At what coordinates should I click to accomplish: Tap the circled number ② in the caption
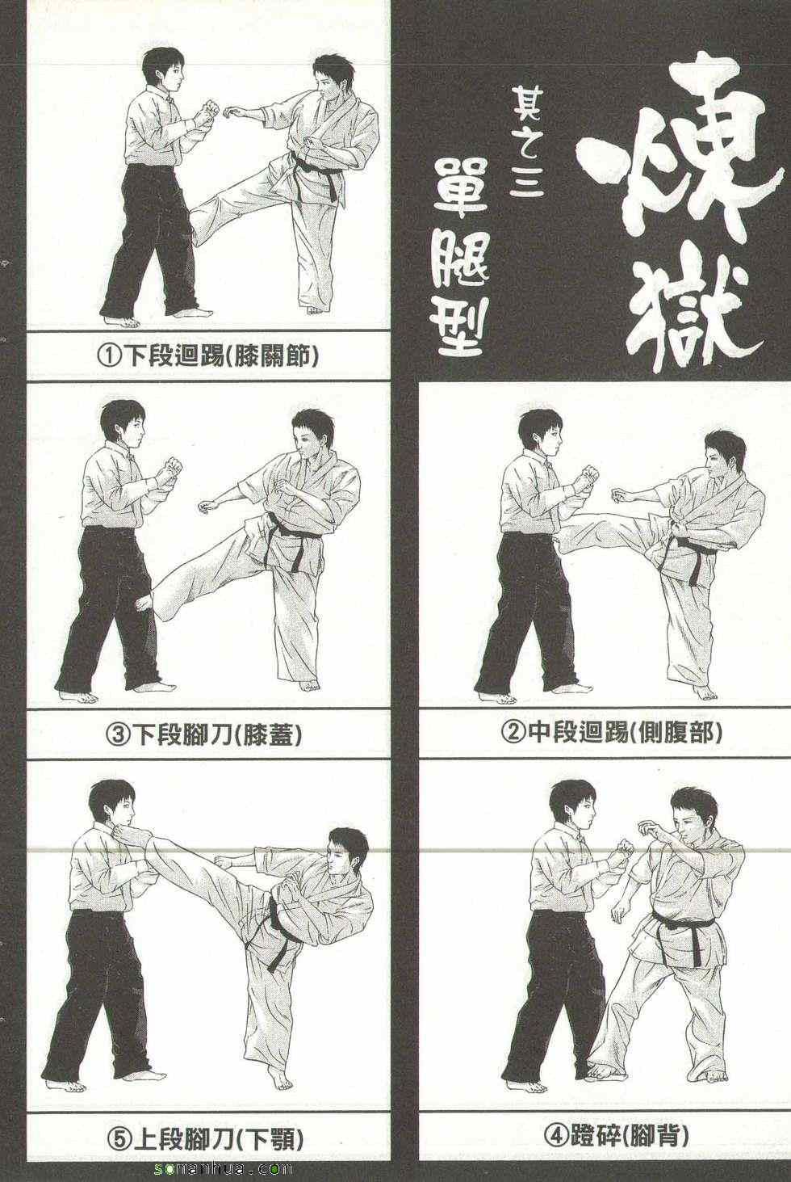pyautogui.click(x=513, y=732)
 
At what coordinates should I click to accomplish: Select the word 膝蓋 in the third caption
pyautogui.click(x=268, y=734)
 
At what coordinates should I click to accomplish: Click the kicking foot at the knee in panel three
pyautogui.click(x=153, y=602)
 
